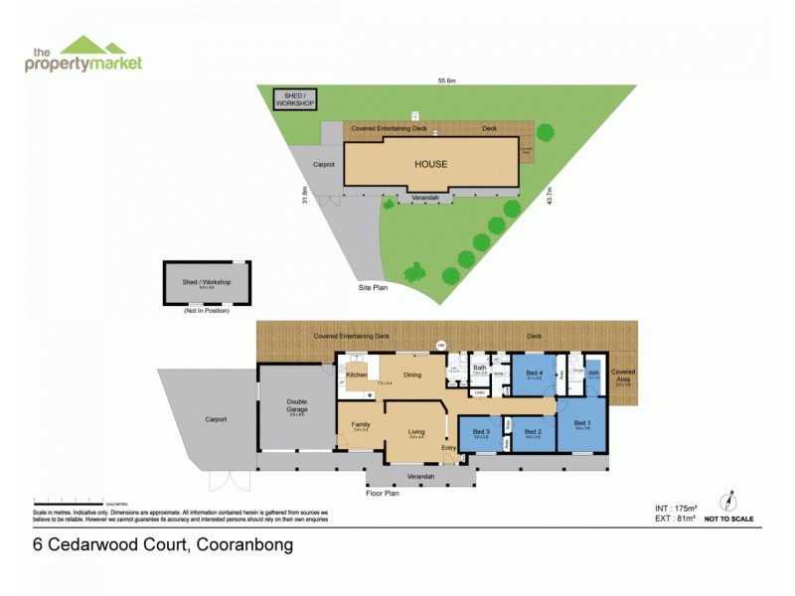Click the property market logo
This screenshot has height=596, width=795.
pos(83,55)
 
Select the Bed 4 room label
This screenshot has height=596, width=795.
pos(533,373)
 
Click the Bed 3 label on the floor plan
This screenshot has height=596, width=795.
pos(481,432)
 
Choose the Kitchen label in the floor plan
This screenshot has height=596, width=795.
pos(357,375)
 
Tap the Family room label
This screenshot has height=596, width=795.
pos(360,425)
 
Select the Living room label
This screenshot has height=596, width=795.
pos(416,431)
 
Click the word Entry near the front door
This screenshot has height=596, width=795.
pos(449,448)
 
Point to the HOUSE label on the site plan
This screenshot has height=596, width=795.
pos(430,164)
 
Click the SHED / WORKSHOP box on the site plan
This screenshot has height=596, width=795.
pos(294,100)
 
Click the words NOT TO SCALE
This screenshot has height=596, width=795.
pos(728,519)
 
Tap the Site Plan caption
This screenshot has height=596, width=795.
pos(373,287)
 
